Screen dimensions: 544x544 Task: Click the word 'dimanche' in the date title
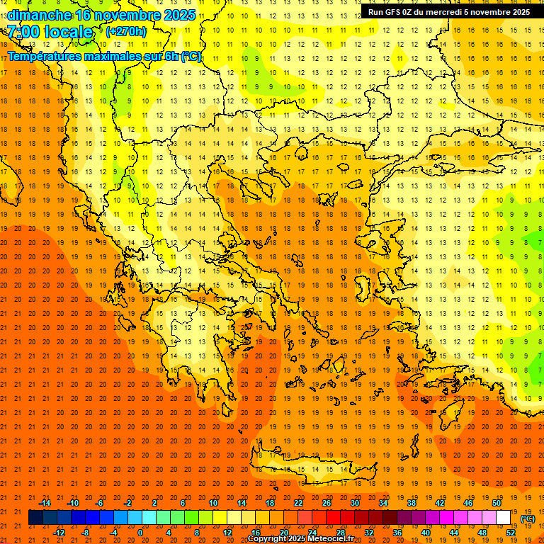coord(39,15)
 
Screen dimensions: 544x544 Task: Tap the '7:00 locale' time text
coord(51,32)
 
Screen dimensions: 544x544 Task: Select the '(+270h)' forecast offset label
coord(126,31)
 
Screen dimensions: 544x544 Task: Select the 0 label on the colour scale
coord(140,533)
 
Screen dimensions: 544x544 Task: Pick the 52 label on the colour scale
coord(511,533)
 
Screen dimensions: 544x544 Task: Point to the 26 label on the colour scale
coord(327,503)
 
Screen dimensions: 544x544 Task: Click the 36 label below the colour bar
coord(397,533)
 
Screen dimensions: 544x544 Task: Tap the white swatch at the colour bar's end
coord(503,518)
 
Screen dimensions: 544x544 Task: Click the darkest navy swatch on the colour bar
coord(36,518)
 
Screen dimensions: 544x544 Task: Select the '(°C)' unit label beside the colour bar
coord(528,518)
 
